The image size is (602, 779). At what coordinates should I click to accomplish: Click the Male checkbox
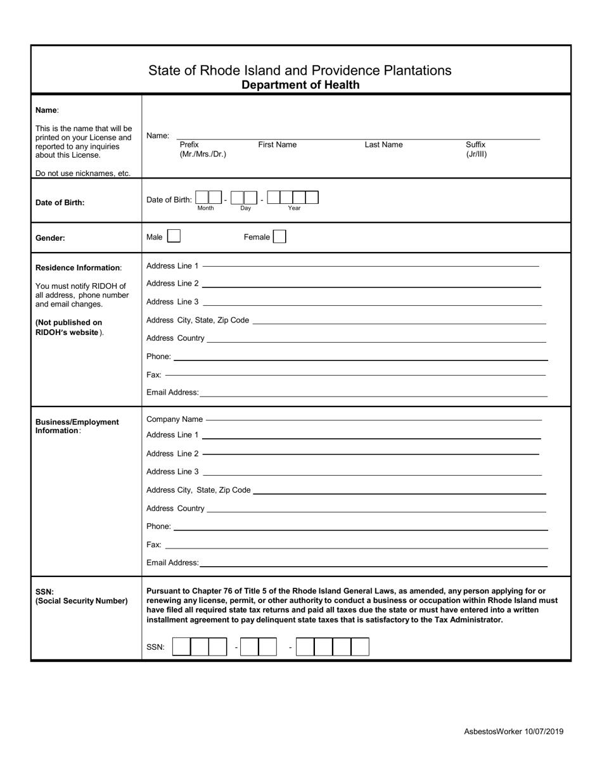pyautogui.click(x=174, y=237)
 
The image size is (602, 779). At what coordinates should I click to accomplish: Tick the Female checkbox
pyautogui.click(x=279, y=237)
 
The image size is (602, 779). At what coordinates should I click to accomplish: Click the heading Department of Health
pyautogui.click(x=300, y=85)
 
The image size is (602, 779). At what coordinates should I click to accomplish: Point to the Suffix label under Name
pyautogui.click(x=476, y=144)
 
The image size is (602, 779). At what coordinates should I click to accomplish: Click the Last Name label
pyautogui.click(x=383, y=144)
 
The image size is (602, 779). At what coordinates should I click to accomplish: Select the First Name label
pyautogui.click(x=277, y=144)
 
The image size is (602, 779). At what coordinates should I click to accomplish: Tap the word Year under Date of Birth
pyautogui.click(x=294, y=208)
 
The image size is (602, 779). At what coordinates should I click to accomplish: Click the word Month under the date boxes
pyautogui.click(x=206, y=208)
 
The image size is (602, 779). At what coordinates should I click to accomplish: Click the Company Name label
pyautogui.click(x=174, y=419)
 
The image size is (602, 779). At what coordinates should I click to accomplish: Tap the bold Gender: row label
pyautogui.click(x=50, y=238)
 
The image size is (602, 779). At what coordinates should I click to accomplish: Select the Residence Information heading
pyautogui.click(x=78, y=268)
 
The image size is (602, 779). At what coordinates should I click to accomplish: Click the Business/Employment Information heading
pyautogui.click(x=77, y=426)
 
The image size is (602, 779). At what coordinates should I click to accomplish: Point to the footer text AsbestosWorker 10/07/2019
pyautogui.click(x=513, y=731)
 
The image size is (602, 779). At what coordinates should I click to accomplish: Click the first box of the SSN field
pyautogui.click(x=181, y=647)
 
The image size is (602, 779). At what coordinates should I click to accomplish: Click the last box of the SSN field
pyautogui.click(x=360, y=647)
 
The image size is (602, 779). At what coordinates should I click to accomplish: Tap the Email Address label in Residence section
pyautogui.click(x=172, y=393)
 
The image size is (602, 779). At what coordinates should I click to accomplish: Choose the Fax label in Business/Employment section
pyautogui.click(x=153, y=545)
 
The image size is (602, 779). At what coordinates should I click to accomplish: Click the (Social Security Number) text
pyautogui.click(x=82, y=601)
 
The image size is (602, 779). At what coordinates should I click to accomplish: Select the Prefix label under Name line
pyautogui.click(x=189, y=144)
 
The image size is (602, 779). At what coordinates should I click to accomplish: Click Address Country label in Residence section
pyautogui.click(x=176, y=338)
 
